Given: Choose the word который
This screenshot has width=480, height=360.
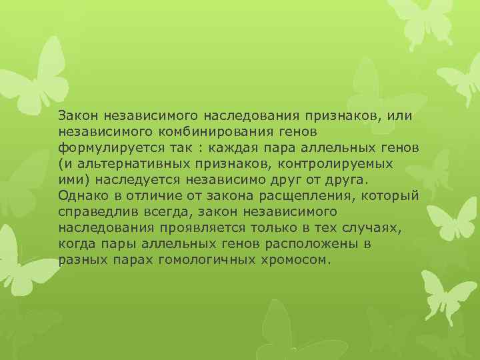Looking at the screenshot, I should (393, 195).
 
